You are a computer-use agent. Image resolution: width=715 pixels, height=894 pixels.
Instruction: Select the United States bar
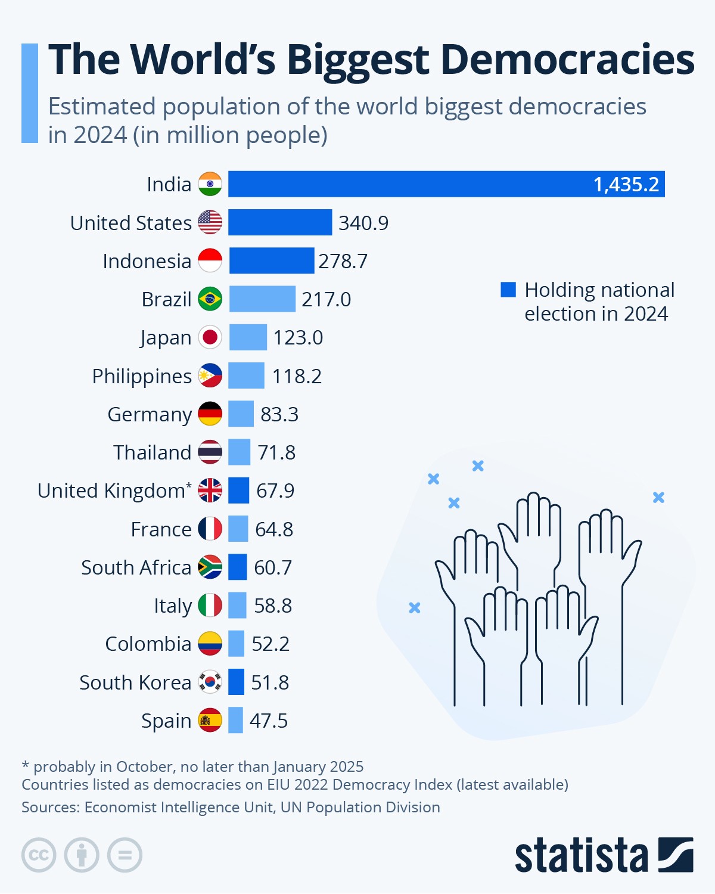[x=280, y=222]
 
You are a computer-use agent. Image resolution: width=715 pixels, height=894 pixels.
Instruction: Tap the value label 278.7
[x=343, y=261]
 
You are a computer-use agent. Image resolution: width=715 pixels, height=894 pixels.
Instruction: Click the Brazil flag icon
[x=210, y=299]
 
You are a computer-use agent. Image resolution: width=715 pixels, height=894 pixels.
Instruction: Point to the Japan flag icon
[x=210, y=337]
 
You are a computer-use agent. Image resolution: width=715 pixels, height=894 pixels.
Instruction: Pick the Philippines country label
[x=142, y=376]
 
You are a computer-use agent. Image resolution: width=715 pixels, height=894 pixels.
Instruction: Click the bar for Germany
[x=241, y=414]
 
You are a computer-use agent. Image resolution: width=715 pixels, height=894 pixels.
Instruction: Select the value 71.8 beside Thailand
[x=276, y=452]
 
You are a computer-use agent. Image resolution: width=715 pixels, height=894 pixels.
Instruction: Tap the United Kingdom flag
[x=210, y=491]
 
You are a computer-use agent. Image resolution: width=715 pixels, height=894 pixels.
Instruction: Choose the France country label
[x=161, y=529]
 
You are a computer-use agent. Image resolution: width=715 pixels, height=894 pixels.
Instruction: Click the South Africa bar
[x=238, y=567]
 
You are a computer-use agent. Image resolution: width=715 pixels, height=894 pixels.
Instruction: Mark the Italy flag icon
[x=210, y=606]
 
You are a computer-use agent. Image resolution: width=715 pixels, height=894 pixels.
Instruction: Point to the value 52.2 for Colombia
[x=271, y=644]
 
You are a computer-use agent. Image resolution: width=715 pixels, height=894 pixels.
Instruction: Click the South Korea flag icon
[x=210, y=682]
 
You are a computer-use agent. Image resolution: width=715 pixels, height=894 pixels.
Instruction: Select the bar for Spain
[x=235, y=720]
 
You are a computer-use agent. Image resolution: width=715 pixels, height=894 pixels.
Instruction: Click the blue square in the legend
[x=508, y=290]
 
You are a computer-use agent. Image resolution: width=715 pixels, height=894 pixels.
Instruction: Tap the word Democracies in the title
[x=567, y=60]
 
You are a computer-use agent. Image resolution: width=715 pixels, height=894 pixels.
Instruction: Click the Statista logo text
[x=581, y=856]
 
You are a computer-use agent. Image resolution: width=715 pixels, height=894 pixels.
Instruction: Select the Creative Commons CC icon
[x=39, y=855]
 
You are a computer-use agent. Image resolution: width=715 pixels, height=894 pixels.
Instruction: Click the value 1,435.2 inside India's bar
[x=626, y=184]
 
